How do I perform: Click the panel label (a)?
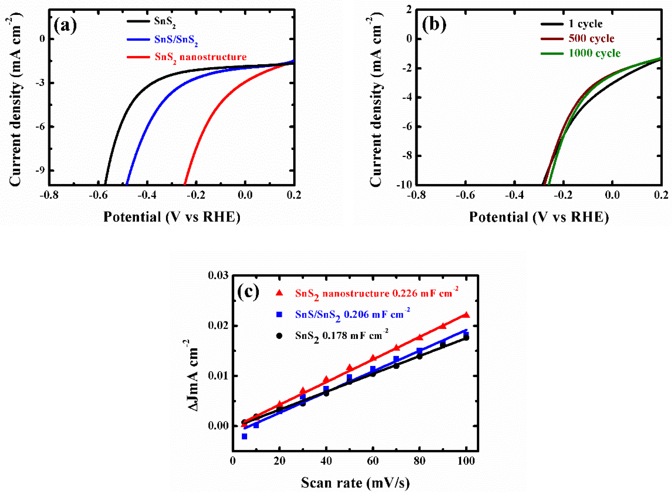[x=65, y=26]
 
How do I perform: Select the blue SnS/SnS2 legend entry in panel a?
[x=176, y=40]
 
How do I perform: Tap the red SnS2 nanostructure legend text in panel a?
[x=201, y=57]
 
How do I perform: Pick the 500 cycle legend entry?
[x=591, y=39]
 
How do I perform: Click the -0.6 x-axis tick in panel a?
[x=98, y=195]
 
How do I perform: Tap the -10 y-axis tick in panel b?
[x=404, y=185]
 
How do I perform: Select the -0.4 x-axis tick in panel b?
[x=514, y=195]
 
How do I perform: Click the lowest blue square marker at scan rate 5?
[x=244, y=437]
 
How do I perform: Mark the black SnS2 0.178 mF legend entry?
[x=342, y=336]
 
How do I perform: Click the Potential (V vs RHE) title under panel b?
[x=539, y=217]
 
